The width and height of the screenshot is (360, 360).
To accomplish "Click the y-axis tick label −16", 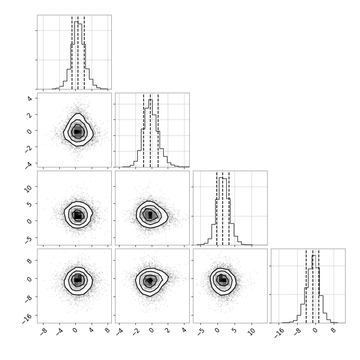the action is (x=27, y=318).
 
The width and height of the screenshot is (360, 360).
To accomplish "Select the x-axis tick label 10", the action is (x=252, y=332).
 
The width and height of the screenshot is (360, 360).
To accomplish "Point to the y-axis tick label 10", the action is (x=28, y=189).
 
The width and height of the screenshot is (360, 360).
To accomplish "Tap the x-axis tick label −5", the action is (x=200, y=332).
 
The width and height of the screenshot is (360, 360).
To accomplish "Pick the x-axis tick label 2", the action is (x=168, y=330).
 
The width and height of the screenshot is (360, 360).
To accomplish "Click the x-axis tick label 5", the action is (x=234, y=330).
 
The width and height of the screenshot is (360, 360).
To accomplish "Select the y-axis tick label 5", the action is (x=29, y=204).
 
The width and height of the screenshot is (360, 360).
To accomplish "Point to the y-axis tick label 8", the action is (x=29, y=261).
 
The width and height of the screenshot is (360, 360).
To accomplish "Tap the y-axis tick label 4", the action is (x=29, y=99).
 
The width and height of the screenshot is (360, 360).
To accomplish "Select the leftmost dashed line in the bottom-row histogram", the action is (x=306, y=286).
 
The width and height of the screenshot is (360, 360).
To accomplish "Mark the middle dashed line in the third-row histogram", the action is (x=222, y=208).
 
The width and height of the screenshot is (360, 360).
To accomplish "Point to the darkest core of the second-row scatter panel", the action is (x=76, y=131).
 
